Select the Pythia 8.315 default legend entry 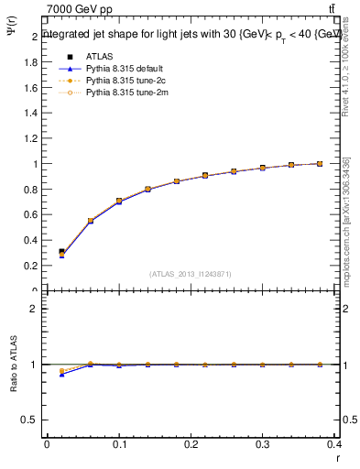(120, 69)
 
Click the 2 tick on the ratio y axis (34, 309)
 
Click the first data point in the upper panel (61, 252)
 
